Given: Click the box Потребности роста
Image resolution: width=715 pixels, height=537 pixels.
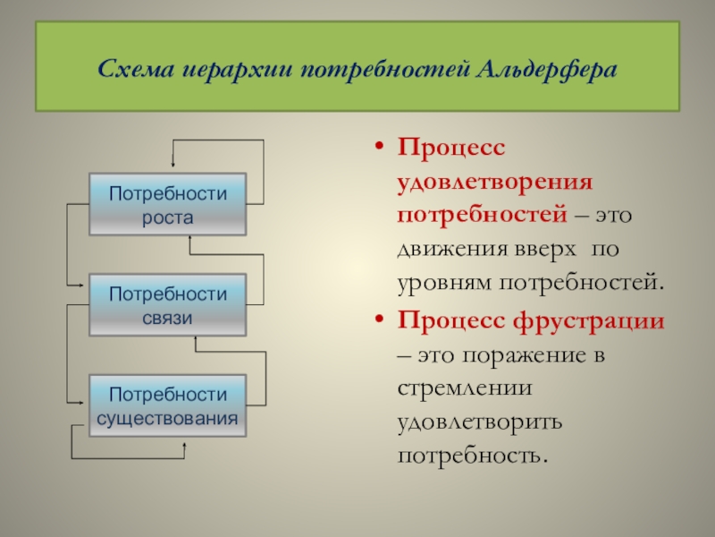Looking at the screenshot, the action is click(168, 205).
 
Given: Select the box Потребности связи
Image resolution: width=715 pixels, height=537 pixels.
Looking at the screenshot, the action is click(168, 305).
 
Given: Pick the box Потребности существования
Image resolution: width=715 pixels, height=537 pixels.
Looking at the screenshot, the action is click(168, 406).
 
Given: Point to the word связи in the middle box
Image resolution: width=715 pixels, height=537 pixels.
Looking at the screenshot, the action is click(168, 317).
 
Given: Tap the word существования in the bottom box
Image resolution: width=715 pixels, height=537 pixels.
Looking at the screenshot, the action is click(168, 418).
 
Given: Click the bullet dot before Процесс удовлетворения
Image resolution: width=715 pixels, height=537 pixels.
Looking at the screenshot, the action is click(381, 148).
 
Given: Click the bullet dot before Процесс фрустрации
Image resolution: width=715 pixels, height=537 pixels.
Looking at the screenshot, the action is click(381, 320).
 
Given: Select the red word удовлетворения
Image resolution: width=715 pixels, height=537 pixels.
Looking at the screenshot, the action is click(495, 182).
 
